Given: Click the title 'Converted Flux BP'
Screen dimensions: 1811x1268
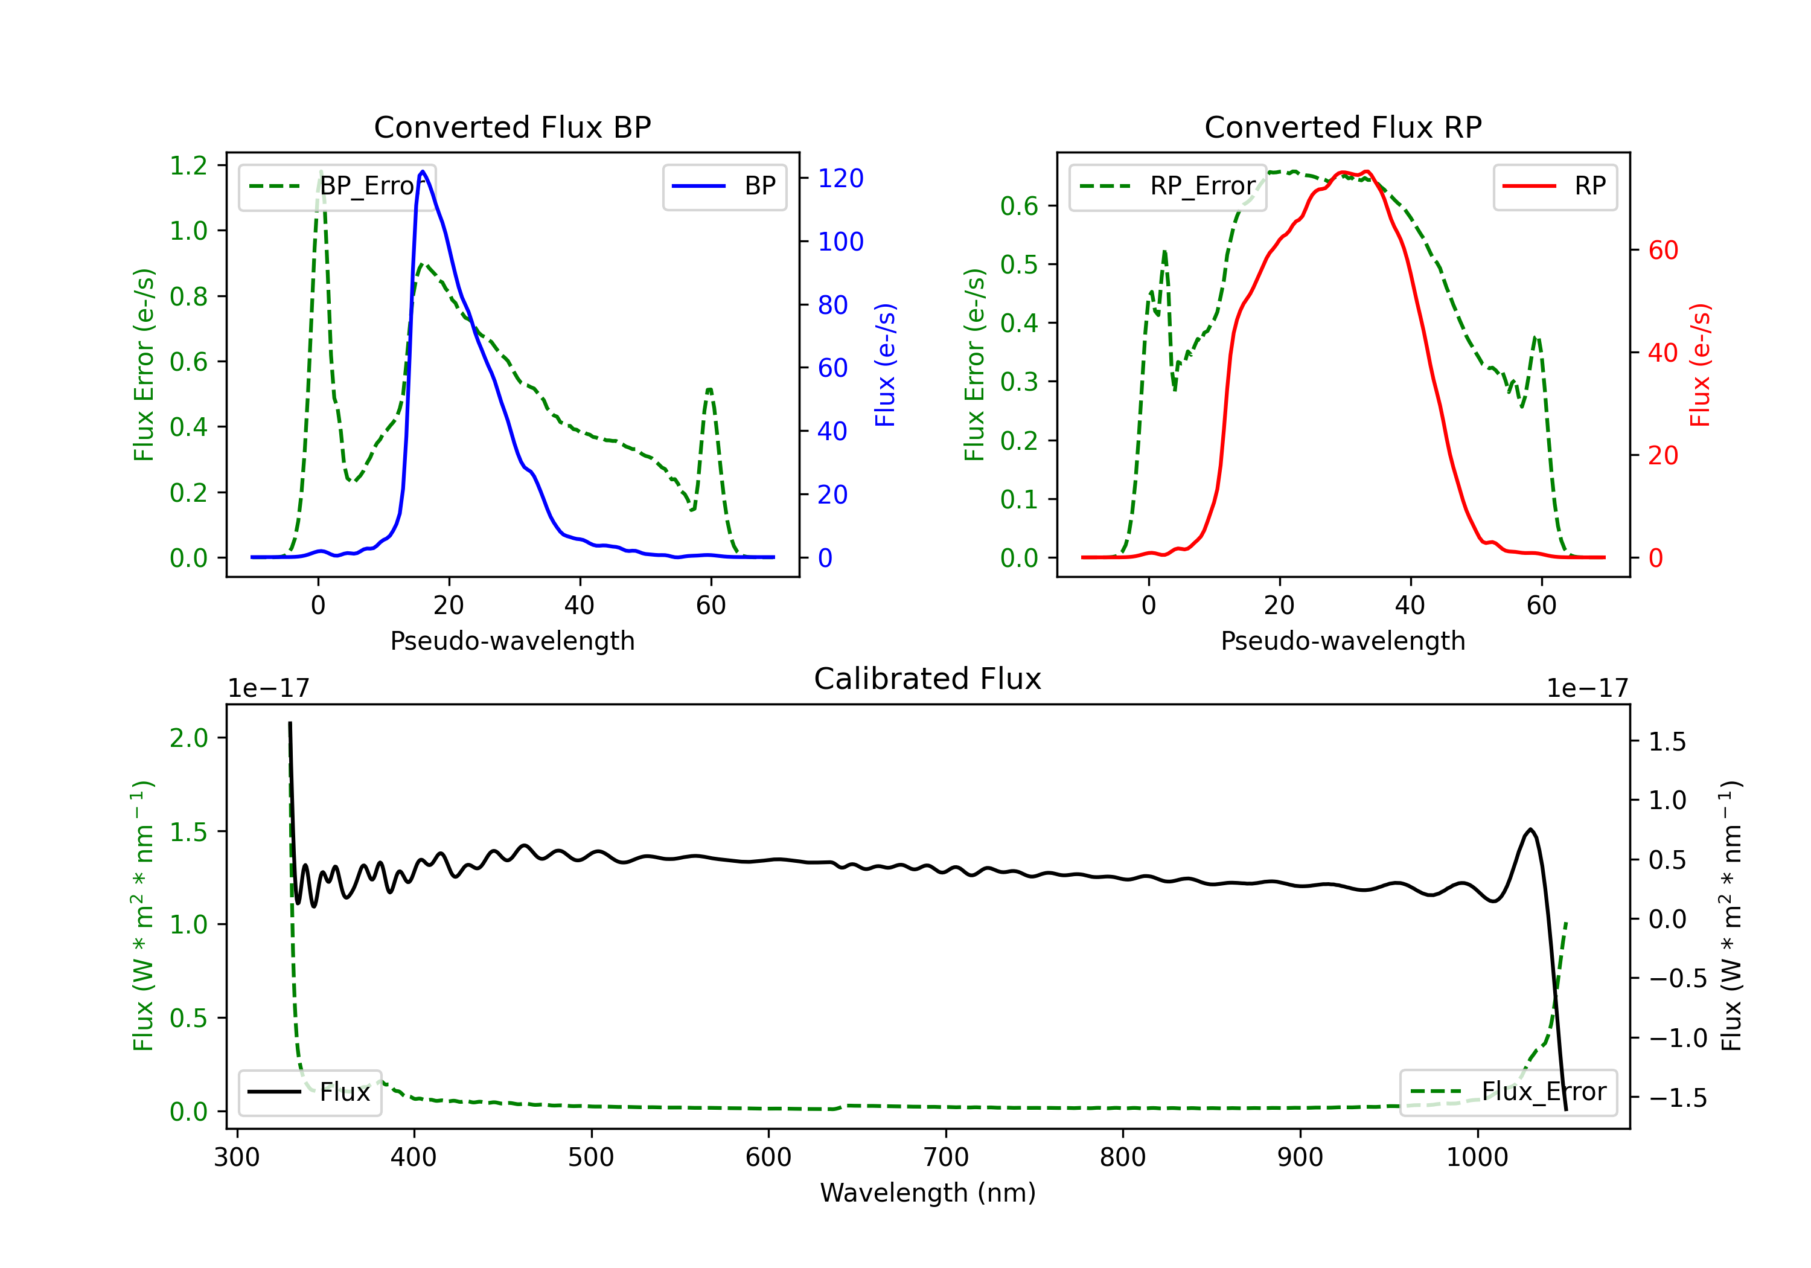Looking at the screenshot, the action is point(512,127).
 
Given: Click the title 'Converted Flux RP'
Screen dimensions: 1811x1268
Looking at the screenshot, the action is point(1343,127).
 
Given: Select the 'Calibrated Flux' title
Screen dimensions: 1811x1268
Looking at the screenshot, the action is point(928,679).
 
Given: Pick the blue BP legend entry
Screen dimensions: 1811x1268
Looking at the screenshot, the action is point(724,186).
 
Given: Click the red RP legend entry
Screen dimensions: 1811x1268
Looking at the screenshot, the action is point(1554,186).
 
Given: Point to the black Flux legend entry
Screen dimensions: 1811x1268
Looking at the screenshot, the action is point(309,1092).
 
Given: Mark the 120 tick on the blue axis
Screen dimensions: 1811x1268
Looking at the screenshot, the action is point(841,178).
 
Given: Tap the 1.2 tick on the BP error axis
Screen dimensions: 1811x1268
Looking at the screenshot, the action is point(188,165).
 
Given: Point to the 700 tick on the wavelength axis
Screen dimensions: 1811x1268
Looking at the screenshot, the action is point(946,1158).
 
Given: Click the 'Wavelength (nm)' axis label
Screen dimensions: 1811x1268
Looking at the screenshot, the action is point(928,1193).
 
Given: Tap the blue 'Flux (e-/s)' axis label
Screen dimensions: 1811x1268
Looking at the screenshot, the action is point(885,365).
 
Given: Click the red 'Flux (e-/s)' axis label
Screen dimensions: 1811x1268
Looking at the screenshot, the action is point(1700,365).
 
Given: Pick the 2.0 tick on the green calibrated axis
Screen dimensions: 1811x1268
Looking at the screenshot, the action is point(188,738).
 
